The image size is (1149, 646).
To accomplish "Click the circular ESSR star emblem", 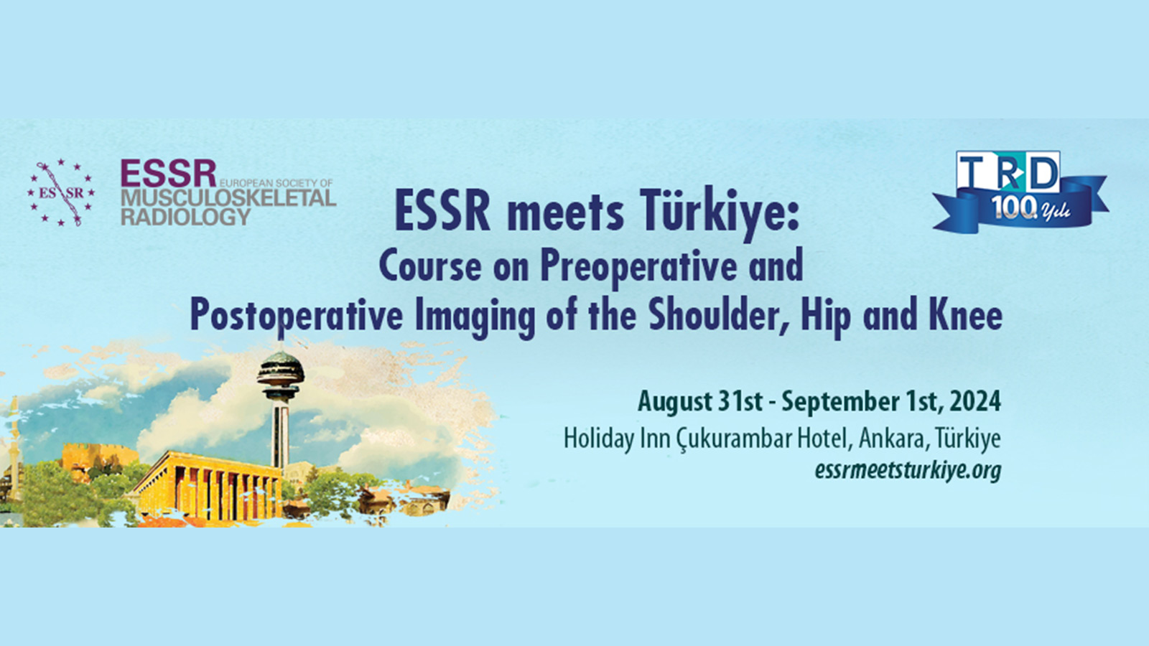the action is (x=61, y=192).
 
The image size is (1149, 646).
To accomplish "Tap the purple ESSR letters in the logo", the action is (x=168, y=174).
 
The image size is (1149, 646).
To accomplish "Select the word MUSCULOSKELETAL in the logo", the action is (x=228, y=198).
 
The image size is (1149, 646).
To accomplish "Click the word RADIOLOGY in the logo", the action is (x=186, y=216).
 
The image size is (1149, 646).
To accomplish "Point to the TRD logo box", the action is (x=1008, y=172).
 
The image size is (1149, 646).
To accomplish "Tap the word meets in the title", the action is (x=565, y=215).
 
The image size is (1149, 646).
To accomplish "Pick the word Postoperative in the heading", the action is (x=297, y=317).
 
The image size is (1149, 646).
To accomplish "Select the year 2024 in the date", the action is (x=975, y=402).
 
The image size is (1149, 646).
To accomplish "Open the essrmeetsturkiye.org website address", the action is (x=908, y=471).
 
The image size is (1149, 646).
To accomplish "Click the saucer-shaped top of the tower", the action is (x=280, y=370).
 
